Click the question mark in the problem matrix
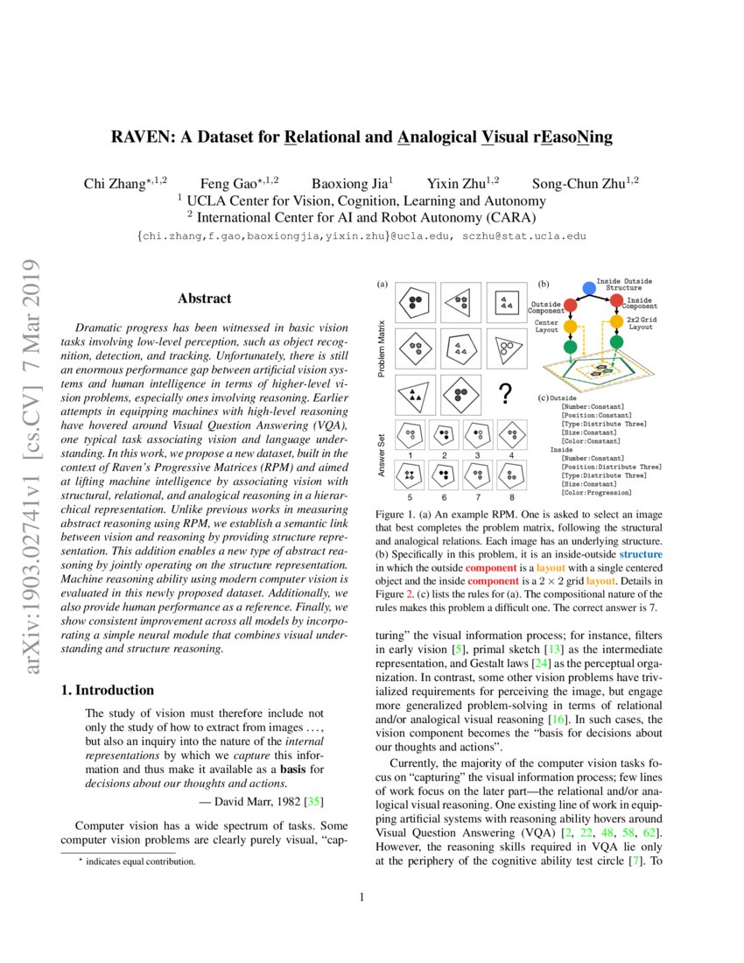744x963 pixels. pos(504,395)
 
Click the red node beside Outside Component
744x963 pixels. pos(570,306)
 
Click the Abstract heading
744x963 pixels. pos(204,299)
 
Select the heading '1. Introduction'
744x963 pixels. pos(108,691)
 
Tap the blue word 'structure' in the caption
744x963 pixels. pos(641,554)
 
